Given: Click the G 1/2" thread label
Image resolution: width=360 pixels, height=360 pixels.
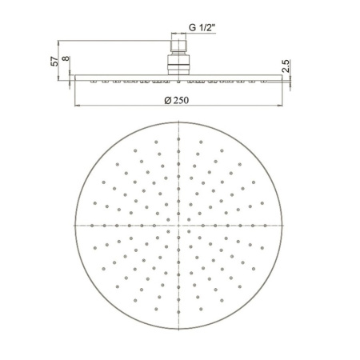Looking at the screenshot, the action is [x=202, y=27].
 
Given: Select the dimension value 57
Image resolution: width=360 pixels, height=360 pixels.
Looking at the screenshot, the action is [x=54, y=62].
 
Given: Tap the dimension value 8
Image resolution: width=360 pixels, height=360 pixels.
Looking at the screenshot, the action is [x=66, y=58].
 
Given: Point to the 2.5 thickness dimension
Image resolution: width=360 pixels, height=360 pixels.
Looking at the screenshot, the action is [x=286, y=66].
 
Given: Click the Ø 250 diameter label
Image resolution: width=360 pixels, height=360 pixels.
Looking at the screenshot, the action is [x=177, y=100].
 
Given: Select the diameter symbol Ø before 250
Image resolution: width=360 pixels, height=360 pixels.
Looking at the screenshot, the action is [x=168, y=101].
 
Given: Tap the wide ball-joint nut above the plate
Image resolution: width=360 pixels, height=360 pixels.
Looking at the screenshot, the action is [x=178, y=65].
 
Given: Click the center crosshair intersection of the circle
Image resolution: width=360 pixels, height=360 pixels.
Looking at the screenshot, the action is [x=178, y=226].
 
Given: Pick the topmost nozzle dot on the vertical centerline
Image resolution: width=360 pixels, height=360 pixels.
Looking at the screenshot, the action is [x=178, y=139].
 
